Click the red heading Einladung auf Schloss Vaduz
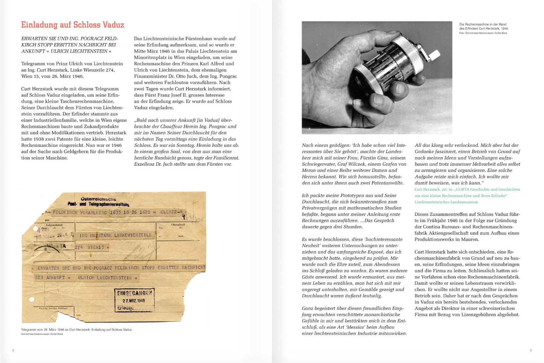pos(72,25)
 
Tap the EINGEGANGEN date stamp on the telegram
pos(134,299)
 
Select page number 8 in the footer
pos(13,350)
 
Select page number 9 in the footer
pos(530,350)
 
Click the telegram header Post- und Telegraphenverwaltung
pos(98,204)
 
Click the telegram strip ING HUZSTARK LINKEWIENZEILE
pos(115,235)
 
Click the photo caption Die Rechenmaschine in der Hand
pos(482,24)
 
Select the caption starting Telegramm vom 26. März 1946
pos(76,330)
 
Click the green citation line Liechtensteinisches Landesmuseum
pos(446,202)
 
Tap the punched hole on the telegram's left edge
pos(32,299)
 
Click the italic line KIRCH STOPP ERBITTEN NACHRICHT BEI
pos(68,45)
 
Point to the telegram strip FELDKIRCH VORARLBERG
pos(80,212)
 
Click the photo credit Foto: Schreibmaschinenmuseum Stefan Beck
pos(483,33)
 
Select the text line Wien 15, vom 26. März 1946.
pos(52,76)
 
